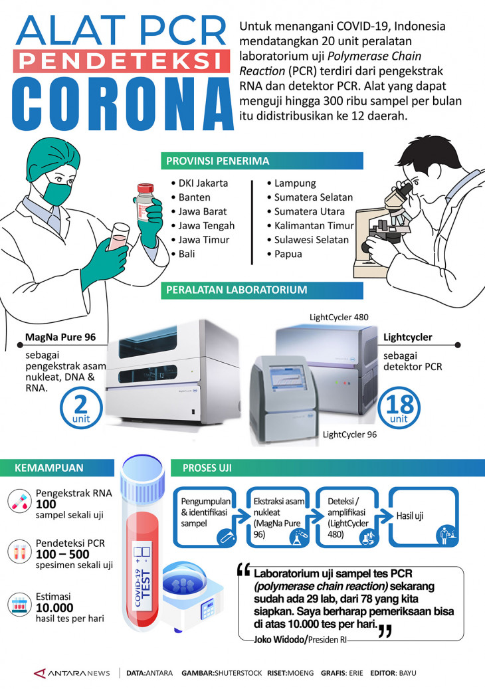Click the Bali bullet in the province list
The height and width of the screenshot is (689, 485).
185,254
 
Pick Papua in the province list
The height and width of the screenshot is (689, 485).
284,254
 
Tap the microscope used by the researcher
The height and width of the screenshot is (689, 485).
385,219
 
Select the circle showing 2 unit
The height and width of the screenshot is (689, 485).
82,407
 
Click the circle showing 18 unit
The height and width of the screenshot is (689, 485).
399,407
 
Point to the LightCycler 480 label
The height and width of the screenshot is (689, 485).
339,317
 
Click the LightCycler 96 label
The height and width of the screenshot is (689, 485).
349,435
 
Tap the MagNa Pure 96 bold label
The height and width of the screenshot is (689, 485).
60,338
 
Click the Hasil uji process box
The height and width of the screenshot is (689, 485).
423,517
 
